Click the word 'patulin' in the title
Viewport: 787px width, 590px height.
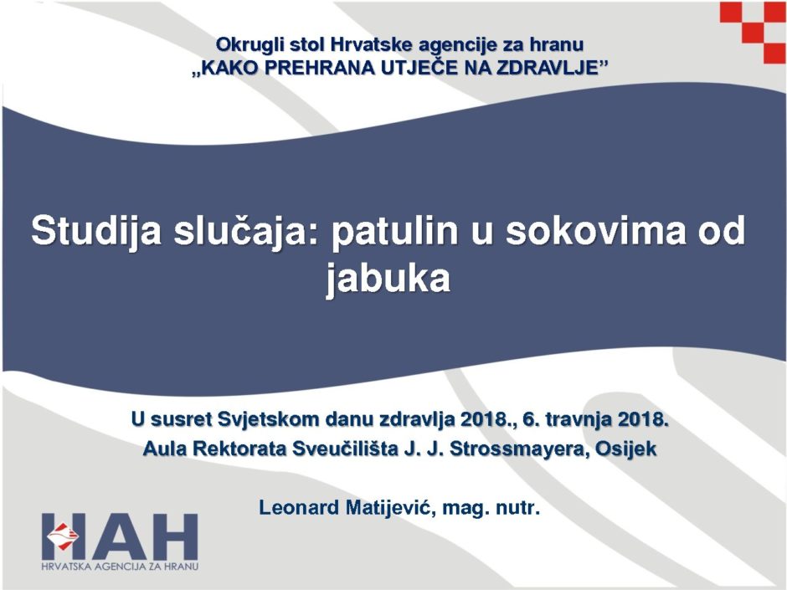click(x=394, y=231)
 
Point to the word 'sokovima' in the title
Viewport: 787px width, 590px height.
click(x=595, y=231)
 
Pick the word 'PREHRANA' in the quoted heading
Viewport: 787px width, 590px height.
click(x=317, y=68)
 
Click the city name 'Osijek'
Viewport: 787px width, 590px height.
click(x=625, y=449)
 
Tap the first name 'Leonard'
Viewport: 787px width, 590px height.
click(x=299, y=508)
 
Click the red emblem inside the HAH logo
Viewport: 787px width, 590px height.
click(x=63, y=535)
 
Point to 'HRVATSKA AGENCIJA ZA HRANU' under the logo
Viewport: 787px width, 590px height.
click(x=120, y=567)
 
